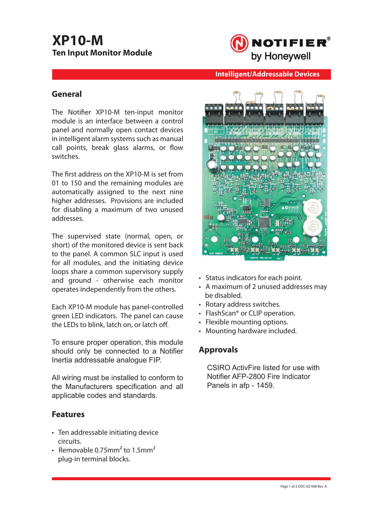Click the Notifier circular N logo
tap(239, 43)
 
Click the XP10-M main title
tap(78, 40)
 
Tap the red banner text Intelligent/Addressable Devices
tap(267, 74)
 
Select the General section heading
tap(67, 94)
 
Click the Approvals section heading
tap(218, 350)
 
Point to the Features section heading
tap(68, 414)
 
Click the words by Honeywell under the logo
tap(280, 56)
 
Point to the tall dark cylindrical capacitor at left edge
tap(212, 167)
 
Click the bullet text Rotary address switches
tap(243, 304)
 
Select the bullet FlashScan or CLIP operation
tap(250, 313)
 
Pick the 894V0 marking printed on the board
tap(293, 207)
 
